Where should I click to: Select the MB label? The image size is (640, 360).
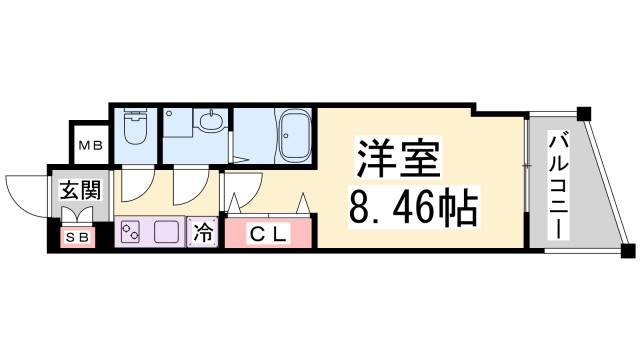point(90,146)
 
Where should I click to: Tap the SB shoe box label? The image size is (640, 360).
point(76,237)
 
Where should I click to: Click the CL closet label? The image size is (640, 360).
point(267,234)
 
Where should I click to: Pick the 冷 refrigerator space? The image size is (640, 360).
point(203,234)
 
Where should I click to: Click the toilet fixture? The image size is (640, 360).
point(134,131)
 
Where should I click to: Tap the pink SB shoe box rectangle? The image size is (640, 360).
point(76,238)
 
